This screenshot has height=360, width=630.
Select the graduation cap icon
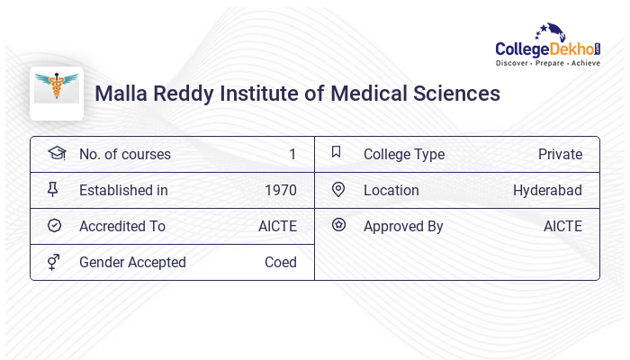57,153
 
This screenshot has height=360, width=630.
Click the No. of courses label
124,155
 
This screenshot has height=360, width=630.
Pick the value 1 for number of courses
292,155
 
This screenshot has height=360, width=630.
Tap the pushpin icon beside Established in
53,190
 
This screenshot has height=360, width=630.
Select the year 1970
281,191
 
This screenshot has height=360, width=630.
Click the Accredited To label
122,227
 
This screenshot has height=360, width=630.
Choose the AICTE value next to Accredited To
277,227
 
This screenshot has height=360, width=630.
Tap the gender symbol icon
54,262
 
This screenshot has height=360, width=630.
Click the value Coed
281,263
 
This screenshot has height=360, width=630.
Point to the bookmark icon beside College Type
336,152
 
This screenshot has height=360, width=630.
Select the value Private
560,155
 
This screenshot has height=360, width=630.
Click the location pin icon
338,189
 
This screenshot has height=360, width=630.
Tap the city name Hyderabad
547,191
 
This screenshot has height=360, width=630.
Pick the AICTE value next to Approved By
562,227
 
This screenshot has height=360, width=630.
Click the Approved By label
403,227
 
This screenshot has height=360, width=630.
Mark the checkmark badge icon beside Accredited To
54,226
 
